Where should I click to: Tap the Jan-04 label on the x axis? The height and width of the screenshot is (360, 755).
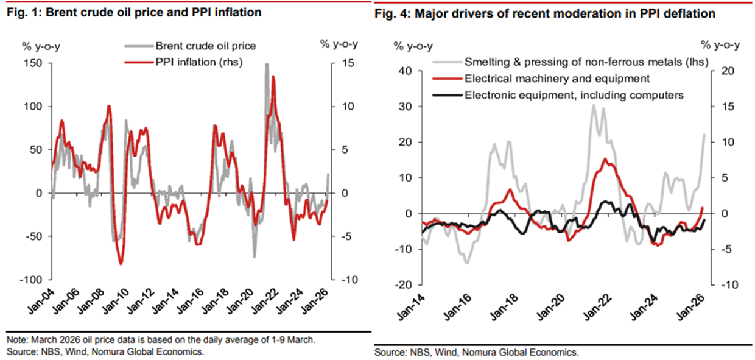tap(39, 303)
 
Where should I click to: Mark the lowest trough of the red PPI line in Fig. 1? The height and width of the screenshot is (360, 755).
tap(121, 264)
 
